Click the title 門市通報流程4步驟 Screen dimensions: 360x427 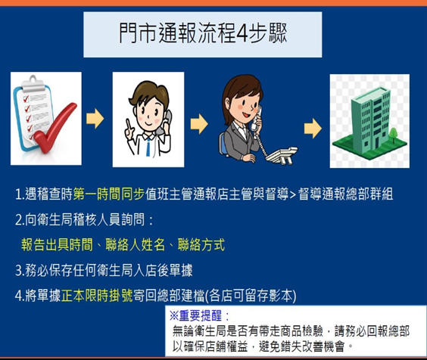tap(204, 33)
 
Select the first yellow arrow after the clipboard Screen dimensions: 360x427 tap(95, 119)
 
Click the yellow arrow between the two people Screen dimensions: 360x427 tap(198, 122)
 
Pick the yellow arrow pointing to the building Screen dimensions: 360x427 tap(309, 125)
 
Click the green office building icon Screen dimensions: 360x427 tap(364, 117)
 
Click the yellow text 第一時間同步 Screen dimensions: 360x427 tap(106, 194)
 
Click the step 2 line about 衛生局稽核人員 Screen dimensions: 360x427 tap(83, 220)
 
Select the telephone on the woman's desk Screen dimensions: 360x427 tap(282, 151)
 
